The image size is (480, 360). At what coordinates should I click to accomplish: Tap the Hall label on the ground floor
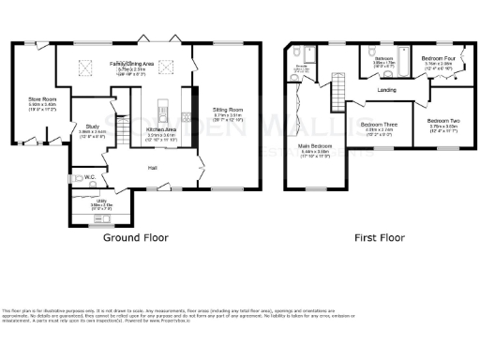click(152, 168)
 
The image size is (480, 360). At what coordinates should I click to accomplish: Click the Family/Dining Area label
click(136, 64)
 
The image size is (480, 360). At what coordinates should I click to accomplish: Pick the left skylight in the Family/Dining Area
click(82, 66)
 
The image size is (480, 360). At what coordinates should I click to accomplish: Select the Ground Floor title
click(134, 238)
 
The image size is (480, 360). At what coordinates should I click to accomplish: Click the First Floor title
click(379, 238)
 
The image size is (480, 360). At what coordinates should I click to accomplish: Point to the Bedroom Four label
click(438, 60)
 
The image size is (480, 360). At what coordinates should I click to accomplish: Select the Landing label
click(385, 90)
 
